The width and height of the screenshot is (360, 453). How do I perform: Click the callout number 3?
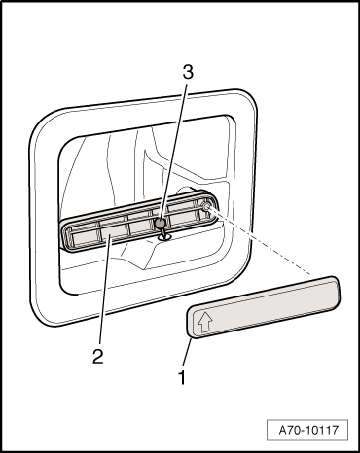tap(188, 72)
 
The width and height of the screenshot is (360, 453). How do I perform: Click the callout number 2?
tap(97, 356)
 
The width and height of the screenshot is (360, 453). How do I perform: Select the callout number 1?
tap(183, 377)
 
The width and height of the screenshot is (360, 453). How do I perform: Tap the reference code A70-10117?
tap(308, 430)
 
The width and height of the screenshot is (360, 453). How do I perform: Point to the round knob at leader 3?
tap(161, 223)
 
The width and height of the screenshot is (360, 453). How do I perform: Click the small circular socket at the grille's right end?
tap(205, 205)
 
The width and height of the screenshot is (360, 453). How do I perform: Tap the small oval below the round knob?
tap(164, 238)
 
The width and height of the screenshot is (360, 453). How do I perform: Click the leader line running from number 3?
tap(173, 151)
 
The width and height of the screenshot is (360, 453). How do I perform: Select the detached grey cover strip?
tap(264, 306)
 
